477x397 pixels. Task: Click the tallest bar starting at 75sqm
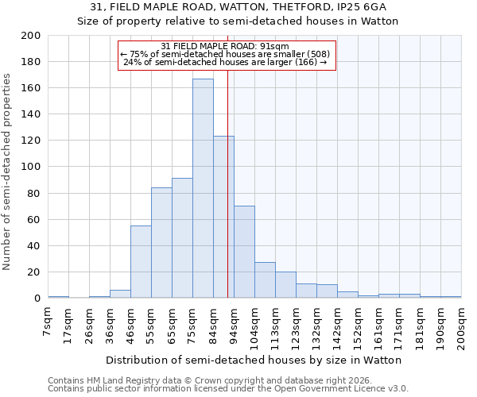tap(203, 188)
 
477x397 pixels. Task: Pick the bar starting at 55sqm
tap(161, 243)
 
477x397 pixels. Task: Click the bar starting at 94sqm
tap(244, 252)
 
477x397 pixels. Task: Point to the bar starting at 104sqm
tap(265, 280)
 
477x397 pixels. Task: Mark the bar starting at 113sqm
tap(285, 285)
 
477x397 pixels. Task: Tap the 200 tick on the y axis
tap(31, 36)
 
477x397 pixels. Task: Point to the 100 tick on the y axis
tap(31, 167)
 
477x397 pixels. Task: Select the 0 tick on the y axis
tap(37, 299)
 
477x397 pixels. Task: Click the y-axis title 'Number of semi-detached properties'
tap(8, 172)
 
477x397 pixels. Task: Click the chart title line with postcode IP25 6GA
tap(238, 7)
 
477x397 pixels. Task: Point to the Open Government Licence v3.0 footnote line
tap(228, 388)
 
